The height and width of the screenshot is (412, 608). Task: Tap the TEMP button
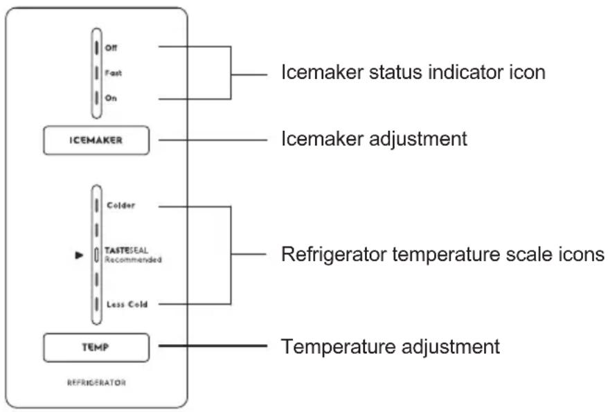(x=96, y=348)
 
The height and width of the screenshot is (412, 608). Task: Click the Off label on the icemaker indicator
(x=111, y=48)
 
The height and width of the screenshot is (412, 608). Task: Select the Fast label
(x=114, y=73)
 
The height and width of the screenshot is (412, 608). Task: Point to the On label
(x=111, y=98)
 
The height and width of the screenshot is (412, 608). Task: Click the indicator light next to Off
(x=96, y=48)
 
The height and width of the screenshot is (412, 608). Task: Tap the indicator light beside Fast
(x=96, y=73)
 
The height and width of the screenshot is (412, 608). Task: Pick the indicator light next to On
(x=96, y=98)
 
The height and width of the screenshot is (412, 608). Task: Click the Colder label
(x=121, y=206)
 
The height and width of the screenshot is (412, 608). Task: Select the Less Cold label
(x=127, y=305)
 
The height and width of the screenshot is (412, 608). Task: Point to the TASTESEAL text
(x=127, y=251)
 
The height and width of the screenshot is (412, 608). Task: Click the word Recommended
(x=133, y=260)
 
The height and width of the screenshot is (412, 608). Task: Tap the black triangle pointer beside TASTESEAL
(x=79, y=255)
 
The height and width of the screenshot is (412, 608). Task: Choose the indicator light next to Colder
(x=96, y=206)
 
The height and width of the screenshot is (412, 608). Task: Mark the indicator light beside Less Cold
(x=96, y=304)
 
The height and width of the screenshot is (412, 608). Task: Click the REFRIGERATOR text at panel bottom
(x=96, y=383)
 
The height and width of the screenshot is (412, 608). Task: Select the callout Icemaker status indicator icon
(x=413, y=73)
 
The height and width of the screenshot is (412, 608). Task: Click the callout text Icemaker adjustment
(x=374, y=139)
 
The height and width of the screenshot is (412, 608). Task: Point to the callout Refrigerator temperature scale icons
(x=442, y=255)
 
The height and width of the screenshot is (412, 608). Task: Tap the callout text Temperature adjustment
(x=391, y=346)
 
